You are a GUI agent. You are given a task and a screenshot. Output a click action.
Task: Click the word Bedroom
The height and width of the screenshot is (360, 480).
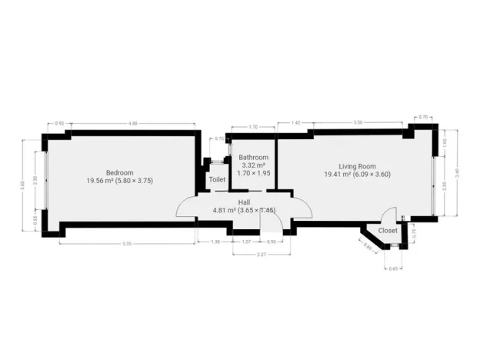tap(120, 172)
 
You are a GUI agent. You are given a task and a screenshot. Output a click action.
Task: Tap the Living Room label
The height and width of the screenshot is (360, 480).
tap(357, 165)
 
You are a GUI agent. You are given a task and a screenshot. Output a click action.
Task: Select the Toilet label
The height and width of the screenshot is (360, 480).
tap(217, 180)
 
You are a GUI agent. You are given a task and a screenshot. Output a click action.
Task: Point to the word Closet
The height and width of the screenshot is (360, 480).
tap(388, 230)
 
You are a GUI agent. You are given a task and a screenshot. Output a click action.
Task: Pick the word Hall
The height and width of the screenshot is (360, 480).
tap(244, 201)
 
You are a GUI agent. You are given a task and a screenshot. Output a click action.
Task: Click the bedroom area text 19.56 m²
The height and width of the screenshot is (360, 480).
tap(99, 181)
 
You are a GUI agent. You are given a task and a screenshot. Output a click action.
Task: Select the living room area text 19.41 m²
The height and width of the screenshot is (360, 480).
tap(337, 175)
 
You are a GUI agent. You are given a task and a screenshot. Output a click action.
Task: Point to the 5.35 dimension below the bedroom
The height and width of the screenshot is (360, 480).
tap(128, 244)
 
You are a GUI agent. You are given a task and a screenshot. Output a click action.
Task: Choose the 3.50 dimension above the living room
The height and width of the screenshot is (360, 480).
tap(358, 123)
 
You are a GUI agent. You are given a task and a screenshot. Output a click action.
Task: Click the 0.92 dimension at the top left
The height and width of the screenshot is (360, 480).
tap(59, 124)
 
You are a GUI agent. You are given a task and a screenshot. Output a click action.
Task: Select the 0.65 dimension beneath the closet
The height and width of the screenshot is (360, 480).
tap(394, 268)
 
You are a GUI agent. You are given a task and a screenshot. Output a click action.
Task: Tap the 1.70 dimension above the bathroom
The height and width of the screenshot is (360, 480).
tap(253, 127)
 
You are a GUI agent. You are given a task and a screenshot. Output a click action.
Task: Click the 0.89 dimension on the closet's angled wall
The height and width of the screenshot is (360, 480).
tap(367, 248)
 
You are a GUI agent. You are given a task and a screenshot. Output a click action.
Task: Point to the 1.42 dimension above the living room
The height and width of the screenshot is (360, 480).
tap(295, 123)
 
